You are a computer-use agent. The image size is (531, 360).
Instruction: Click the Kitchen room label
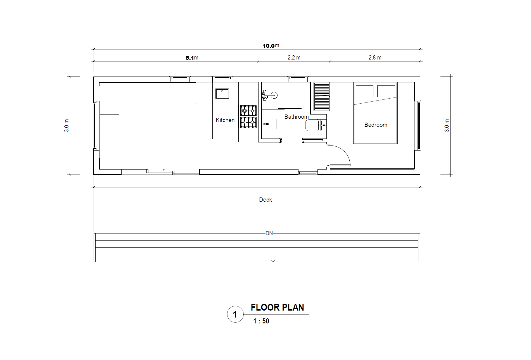click(225, 120)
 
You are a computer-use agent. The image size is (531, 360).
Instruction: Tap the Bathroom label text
click(297, 117)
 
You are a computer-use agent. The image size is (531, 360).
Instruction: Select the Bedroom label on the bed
click(376, 125)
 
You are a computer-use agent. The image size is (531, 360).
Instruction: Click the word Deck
click(265, 200)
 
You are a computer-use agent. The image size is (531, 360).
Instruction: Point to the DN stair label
click(269, 233)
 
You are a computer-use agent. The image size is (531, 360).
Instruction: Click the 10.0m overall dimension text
click(271, 46)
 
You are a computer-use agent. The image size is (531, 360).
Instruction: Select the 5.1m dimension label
click(192, 58)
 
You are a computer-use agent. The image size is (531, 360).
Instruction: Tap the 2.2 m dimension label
click(294, 58)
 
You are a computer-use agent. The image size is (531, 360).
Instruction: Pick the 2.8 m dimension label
click(375, 58)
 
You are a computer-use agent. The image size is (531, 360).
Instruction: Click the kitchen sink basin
click(222, 94)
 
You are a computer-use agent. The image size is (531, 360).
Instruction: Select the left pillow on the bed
click(364, 91)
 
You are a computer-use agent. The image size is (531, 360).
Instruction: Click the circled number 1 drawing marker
click(235, 314)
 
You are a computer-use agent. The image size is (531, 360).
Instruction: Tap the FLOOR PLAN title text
click(277, 307)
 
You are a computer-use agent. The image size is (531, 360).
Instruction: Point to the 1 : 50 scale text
click(261, 321)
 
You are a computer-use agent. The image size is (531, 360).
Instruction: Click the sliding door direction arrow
click(160, 170)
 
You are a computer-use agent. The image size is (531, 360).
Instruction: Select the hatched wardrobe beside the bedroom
click(322, 96)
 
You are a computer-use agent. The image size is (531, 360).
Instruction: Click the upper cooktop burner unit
click(248, 111)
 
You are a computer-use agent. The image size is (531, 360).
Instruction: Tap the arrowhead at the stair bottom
click(273, 261)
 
